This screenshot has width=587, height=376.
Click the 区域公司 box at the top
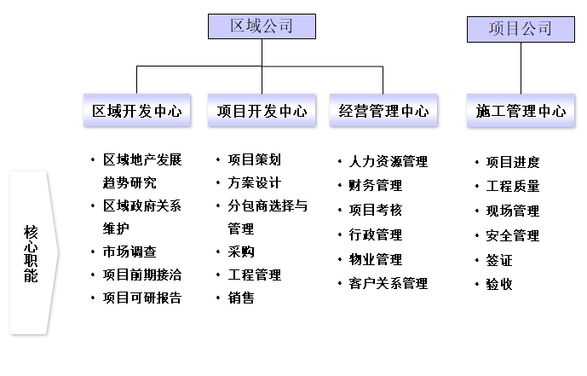click(262, 26)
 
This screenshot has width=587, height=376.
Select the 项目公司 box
click(520, 29)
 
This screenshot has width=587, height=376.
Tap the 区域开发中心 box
click(137, 111)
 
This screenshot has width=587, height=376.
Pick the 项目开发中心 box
click(262, 111)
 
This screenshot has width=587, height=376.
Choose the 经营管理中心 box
click(383, 111)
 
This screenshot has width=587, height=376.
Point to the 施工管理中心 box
click(521, 111)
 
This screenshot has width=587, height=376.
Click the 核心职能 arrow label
click(32, 253)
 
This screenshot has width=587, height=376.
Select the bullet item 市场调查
click(129, 252)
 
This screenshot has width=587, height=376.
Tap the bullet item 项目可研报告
click(141, 298)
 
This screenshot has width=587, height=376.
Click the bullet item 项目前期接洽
click(141, 275)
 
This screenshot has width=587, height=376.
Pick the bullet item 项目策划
click(254, 159)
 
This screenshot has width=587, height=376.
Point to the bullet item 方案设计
click(254, 182)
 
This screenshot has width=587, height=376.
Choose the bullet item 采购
click(241, 252)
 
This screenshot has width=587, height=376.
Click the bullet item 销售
click(241, 298)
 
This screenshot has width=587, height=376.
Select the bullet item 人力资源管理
click(388, 161)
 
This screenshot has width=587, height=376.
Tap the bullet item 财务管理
click(376, 185)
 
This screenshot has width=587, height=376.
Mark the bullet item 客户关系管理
click(388, 283)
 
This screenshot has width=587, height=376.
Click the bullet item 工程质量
click(512, 186)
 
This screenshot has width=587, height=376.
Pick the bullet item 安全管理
click(512, 235)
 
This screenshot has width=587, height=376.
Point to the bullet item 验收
click(499, 284)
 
